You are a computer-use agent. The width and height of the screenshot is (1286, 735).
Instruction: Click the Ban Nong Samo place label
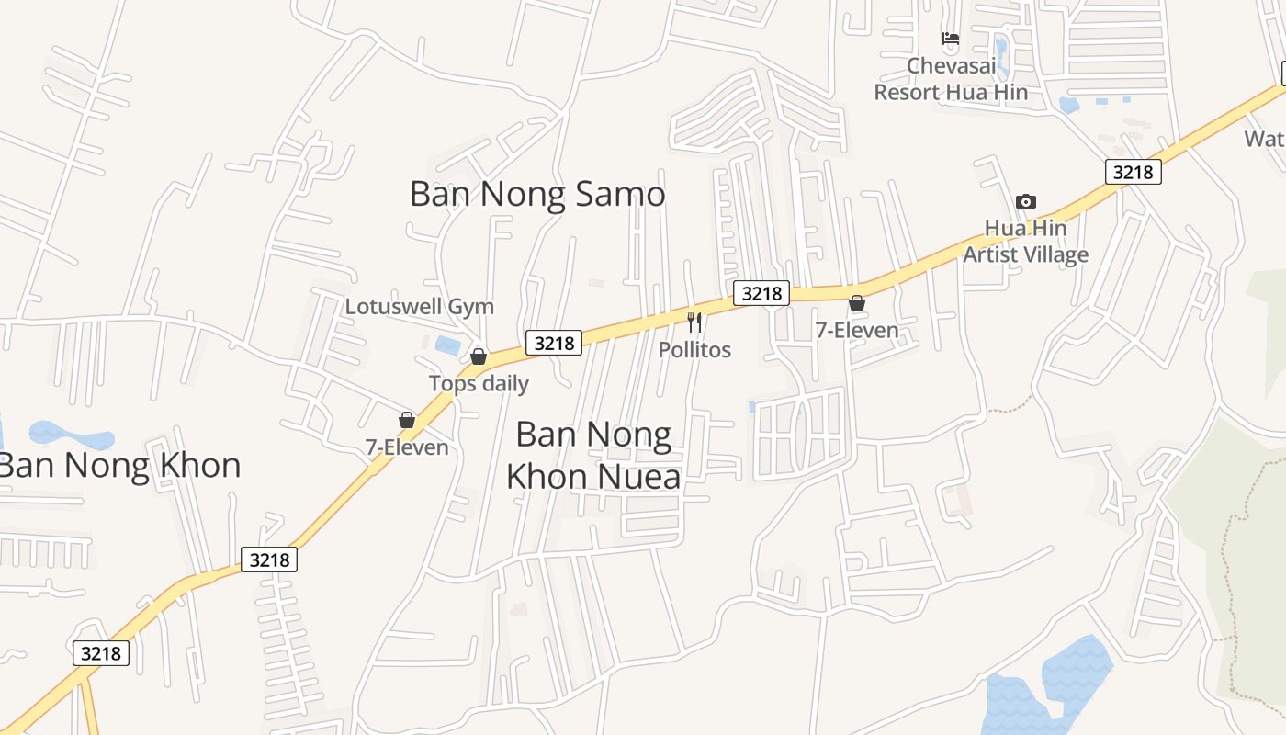coord(537,194)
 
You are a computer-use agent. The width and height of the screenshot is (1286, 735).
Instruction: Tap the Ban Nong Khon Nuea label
coord(594,455)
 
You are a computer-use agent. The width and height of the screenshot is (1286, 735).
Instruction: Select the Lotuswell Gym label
coord(419,306)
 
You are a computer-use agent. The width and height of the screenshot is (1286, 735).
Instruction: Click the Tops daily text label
coord(479,383)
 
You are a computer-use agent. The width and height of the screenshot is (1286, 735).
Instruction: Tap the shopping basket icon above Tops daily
coord(479,356)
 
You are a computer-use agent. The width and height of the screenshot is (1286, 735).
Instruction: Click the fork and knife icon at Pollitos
coord(694,322)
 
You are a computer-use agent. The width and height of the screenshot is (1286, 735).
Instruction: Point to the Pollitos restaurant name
coord(694,349)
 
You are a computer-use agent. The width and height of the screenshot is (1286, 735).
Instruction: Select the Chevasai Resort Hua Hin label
coord(951,79)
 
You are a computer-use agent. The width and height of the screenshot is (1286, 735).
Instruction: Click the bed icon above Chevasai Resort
coord(951,40)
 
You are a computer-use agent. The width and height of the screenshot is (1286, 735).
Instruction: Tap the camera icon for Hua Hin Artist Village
coord(1026,201)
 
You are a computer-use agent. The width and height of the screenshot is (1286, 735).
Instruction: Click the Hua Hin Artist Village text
coord(1026,242)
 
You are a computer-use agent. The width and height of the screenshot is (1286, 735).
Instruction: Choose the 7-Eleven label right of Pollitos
coord(857,330)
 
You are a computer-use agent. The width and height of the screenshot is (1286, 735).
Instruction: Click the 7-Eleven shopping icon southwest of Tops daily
coord(407,421)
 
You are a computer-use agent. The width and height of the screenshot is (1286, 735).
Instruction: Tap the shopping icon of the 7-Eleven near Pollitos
coord(857,303)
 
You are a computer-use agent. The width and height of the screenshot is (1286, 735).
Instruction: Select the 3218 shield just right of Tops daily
coord(554,343)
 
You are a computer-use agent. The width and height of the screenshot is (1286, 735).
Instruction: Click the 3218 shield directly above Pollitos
coord(761,293)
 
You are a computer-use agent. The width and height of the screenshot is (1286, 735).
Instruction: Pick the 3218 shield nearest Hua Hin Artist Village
coord(1134,172)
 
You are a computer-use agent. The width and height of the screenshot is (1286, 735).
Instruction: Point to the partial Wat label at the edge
coord(1264,139)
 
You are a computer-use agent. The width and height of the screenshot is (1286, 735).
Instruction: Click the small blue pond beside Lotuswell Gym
coord(448,345)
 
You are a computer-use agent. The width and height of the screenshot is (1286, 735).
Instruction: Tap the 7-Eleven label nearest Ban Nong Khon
coord(407,447)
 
